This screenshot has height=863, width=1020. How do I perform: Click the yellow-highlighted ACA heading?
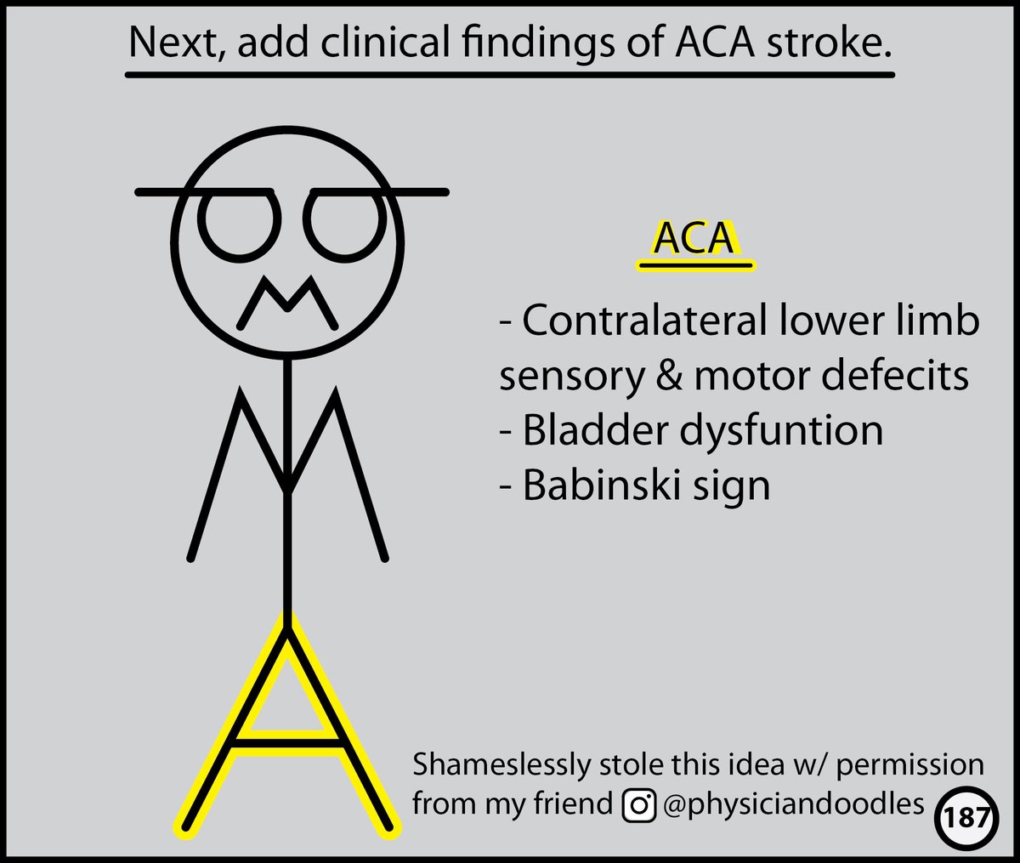tap(694, 240)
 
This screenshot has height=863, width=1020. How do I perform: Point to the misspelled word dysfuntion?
tap(780, 432)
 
